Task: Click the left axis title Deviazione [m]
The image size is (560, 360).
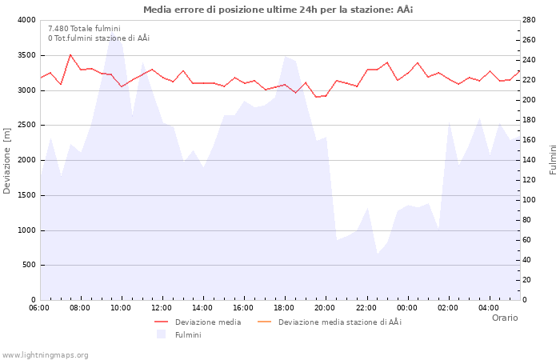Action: tap(8, 160)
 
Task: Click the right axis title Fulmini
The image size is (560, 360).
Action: tap(553, 159)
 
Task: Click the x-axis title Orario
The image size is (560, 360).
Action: tap(504, 318)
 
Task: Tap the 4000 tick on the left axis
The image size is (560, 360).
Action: tap(26, 20)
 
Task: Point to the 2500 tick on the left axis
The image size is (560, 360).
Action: tap(26, 126)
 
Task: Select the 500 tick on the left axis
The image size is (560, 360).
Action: tap(30, 266)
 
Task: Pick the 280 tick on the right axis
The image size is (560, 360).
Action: tap(530, 20)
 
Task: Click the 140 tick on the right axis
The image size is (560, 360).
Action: tap(530, 160)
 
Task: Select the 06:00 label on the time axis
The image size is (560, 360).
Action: tap(40, 307)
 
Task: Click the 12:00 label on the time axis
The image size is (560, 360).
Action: tap(162, 307)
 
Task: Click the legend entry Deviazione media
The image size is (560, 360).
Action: tap(207, 322)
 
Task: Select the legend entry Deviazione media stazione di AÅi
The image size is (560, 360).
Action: tap(339, 322)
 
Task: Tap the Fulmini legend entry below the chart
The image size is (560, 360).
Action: tap(188, 334)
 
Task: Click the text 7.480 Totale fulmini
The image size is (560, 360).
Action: tap(84, 29)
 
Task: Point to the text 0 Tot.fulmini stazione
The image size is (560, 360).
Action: tap(98, 38)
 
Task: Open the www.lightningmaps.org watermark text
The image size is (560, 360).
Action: tap(46, 355)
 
